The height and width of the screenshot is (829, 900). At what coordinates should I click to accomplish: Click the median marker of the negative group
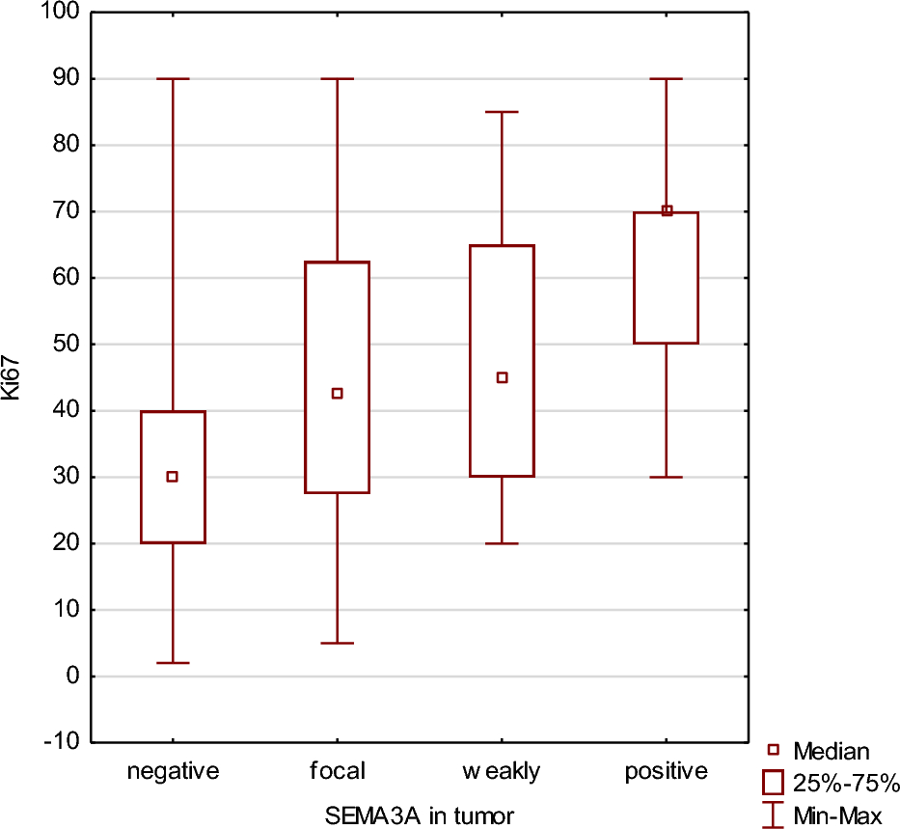tap(173, 477)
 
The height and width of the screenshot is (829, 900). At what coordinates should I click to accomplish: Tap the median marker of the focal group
tap(338, 394)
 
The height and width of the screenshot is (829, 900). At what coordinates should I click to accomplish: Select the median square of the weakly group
tap(502, 377)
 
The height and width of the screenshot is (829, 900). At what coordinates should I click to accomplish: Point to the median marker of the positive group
tap(667, 210)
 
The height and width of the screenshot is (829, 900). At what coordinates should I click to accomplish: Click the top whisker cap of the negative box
tap(173, 78)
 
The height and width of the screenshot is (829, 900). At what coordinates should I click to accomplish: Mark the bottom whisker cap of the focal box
tap(338, 643)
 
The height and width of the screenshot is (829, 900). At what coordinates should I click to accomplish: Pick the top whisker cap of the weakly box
tap(502, 112)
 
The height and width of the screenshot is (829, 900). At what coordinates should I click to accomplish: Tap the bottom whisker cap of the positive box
tap(667, 477)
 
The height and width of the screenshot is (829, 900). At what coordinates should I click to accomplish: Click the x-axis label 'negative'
tap(174, 771)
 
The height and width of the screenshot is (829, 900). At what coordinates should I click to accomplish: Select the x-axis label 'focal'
tap(338, 771)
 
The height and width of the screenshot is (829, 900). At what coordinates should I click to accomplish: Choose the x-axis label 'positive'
tap(667, 771)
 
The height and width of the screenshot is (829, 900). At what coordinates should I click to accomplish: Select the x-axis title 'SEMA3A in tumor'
tap(419, 815)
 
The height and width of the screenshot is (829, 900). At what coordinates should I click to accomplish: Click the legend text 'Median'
tap(832, 751)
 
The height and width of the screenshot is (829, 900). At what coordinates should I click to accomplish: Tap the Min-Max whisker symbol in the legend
tap(773, 815)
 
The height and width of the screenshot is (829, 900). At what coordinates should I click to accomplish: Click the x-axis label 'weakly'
tap(502, 771)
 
